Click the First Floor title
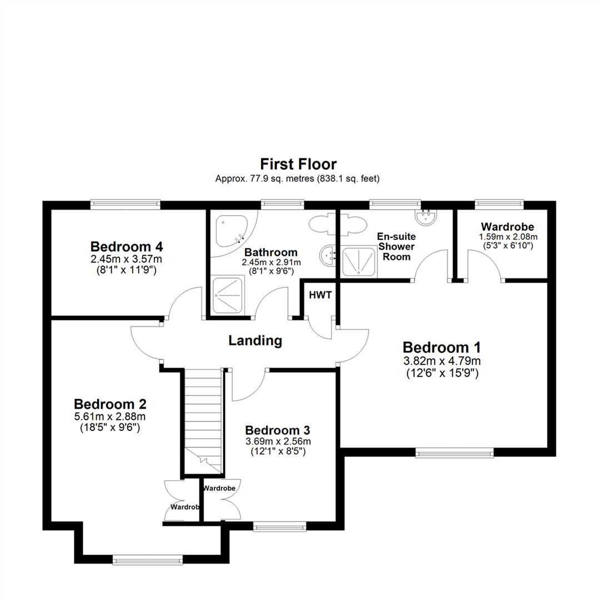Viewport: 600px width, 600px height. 298,164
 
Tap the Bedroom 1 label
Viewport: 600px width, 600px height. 442,347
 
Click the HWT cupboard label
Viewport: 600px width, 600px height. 321,295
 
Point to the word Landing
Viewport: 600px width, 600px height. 256,341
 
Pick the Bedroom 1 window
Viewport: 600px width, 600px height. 455,453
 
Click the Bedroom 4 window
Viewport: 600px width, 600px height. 126,204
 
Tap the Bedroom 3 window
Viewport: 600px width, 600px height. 280,525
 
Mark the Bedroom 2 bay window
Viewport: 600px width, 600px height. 147,560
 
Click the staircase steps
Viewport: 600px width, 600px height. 203,411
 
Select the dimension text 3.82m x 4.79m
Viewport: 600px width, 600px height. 442,361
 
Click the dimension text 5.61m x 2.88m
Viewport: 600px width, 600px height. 110,416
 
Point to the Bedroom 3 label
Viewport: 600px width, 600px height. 277,430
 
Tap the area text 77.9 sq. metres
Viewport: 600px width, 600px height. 267,179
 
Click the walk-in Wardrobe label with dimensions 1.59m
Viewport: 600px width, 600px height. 507,227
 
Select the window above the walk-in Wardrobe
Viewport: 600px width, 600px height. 499,204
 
